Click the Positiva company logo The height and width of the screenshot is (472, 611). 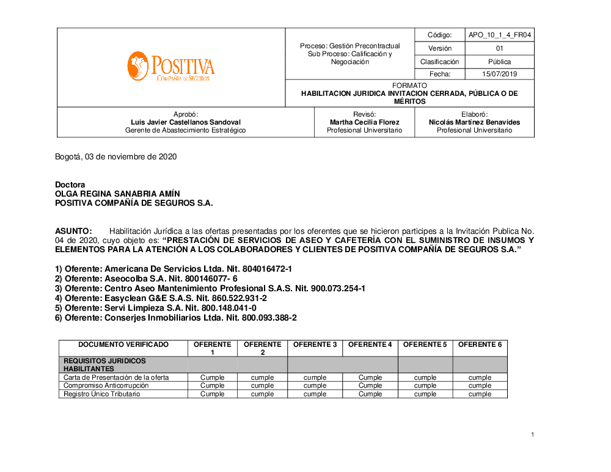171,67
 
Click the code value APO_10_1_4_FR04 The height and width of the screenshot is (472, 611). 500,35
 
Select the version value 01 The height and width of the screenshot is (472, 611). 500,48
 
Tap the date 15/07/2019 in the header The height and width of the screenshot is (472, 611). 500,74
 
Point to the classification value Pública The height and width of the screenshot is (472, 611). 500,62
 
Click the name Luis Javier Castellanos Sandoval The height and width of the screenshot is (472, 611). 186,122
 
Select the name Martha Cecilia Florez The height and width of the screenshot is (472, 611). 364,122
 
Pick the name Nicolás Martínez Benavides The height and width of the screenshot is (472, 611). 474,122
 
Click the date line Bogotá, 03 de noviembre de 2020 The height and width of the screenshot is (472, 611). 115,156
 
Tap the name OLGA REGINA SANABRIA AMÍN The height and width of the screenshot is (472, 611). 117,194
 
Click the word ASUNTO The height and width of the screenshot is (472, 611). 73,231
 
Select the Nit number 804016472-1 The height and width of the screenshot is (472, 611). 259,269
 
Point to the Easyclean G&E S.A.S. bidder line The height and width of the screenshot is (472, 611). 161,298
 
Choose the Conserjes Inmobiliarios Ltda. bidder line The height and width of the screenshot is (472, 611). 175,318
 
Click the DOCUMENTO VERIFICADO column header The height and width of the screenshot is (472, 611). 123,344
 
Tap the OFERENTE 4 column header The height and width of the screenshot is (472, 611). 370,344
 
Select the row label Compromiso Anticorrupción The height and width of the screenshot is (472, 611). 106,385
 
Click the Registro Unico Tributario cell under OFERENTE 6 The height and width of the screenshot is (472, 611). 480,394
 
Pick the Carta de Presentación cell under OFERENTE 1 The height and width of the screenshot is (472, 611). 213,377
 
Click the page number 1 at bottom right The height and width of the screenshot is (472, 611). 533,435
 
